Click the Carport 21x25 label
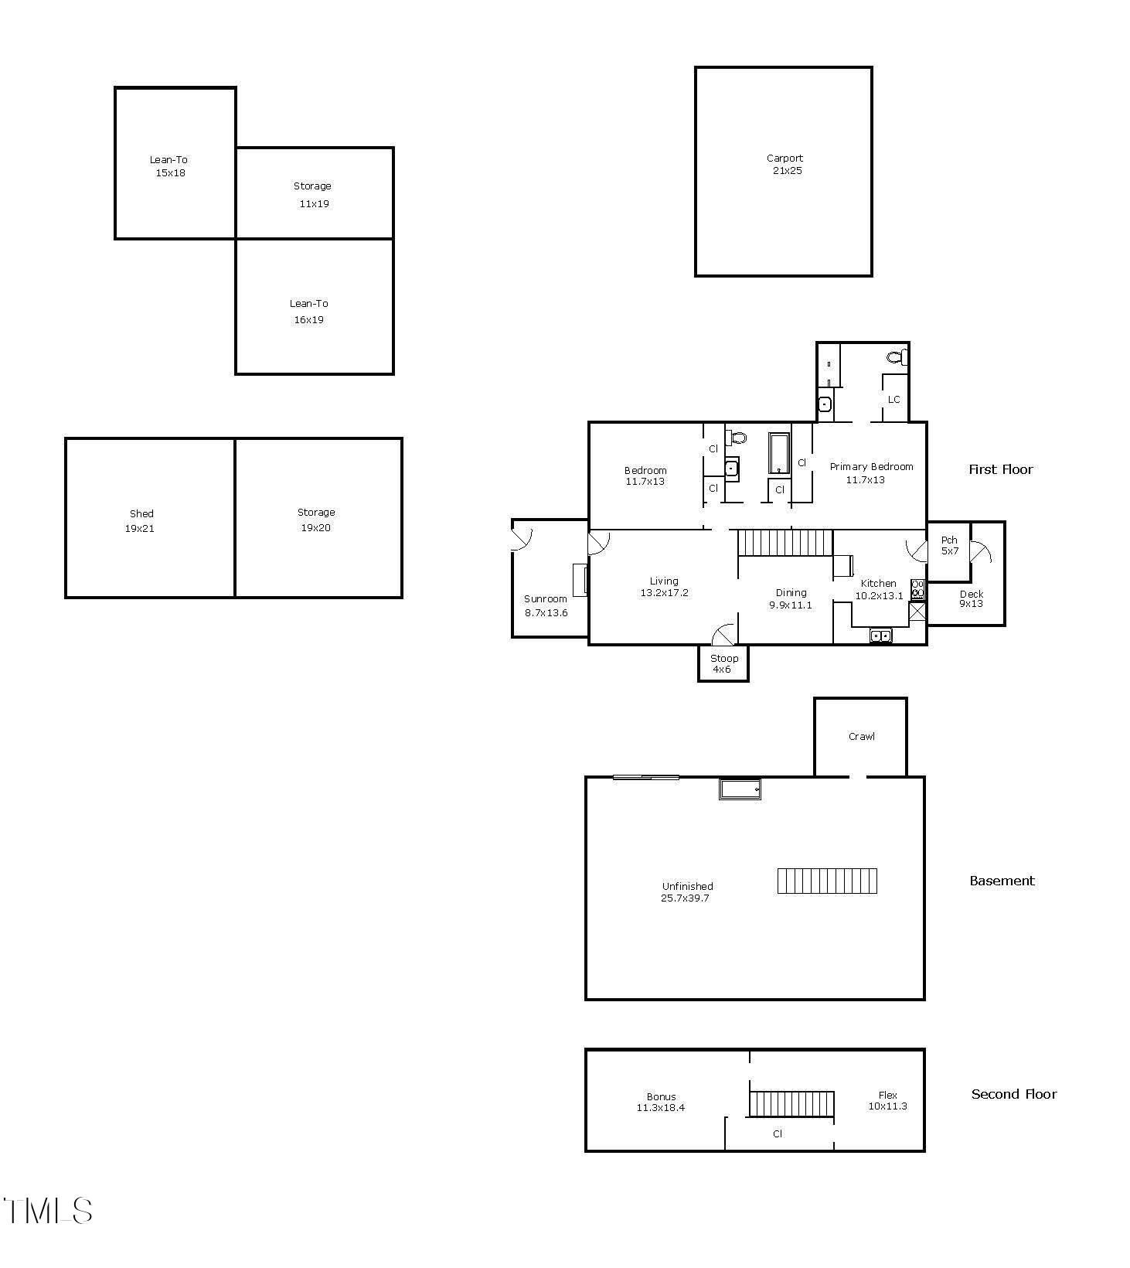tap(785, 165)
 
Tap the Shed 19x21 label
tap(141, 521)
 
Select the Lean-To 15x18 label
tap(169, 166)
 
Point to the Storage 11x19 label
tap(313, 195)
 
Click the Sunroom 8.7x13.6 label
tap(546, 605)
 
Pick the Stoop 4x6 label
tap(723, 663)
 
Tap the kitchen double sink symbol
tap(880, 636)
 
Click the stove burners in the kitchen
tap(918, 589)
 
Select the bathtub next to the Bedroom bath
tap(778, 453)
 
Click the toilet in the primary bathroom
tap(897, 357)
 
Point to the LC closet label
tap(893, 400)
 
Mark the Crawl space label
tap(861, 737)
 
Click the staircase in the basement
tap(827, 881)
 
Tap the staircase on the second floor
tap(791, 1103)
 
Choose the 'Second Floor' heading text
tap(1013, 1094)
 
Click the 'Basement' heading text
tap(1002, 881)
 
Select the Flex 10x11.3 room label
tap(887, 1100)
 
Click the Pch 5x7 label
tap(949, 545)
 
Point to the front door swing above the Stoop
tap(723, 635)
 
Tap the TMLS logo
tap(48, 1211)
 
